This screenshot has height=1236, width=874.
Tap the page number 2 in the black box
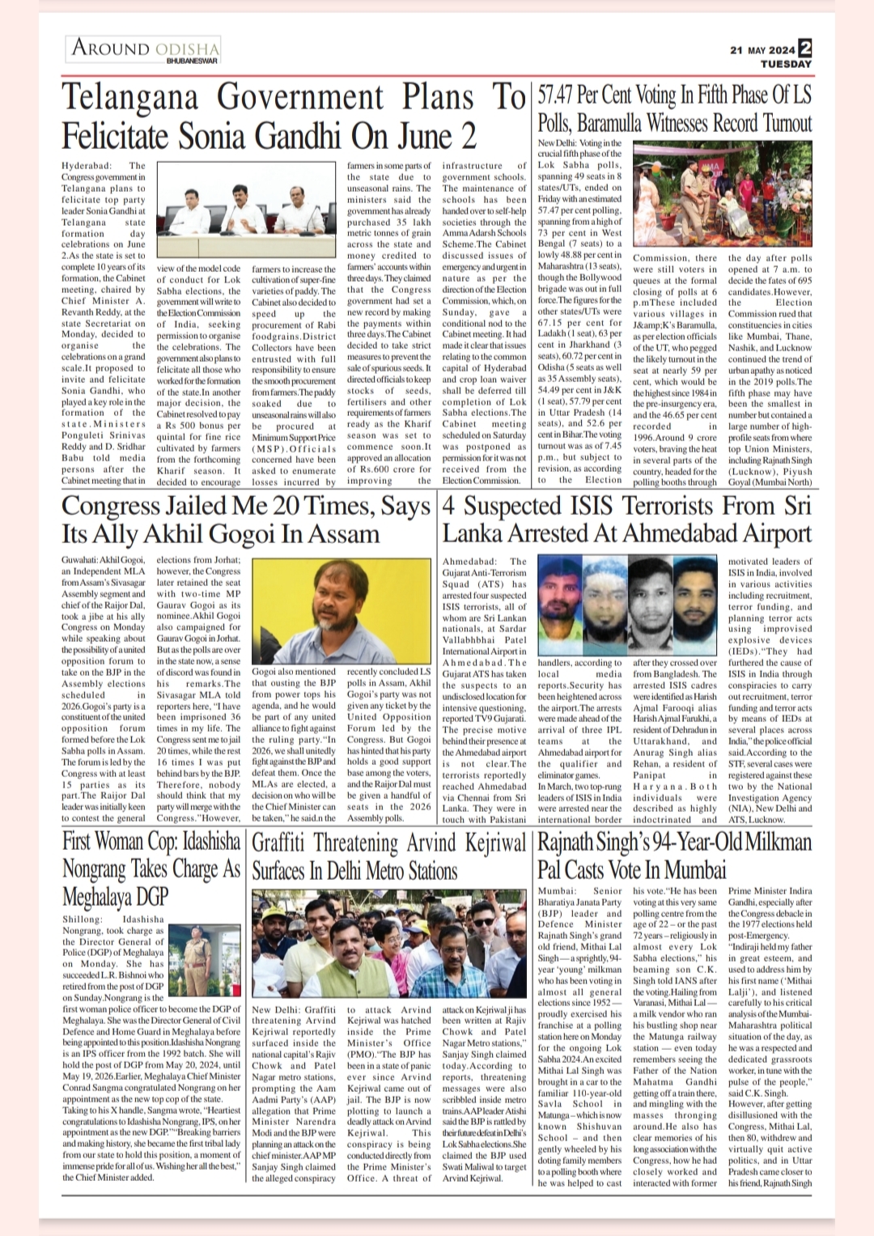tap(804, 48)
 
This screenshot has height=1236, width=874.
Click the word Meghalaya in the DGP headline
tap(115, 896)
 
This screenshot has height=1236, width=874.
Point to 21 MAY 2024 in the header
tap(762, 49)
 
